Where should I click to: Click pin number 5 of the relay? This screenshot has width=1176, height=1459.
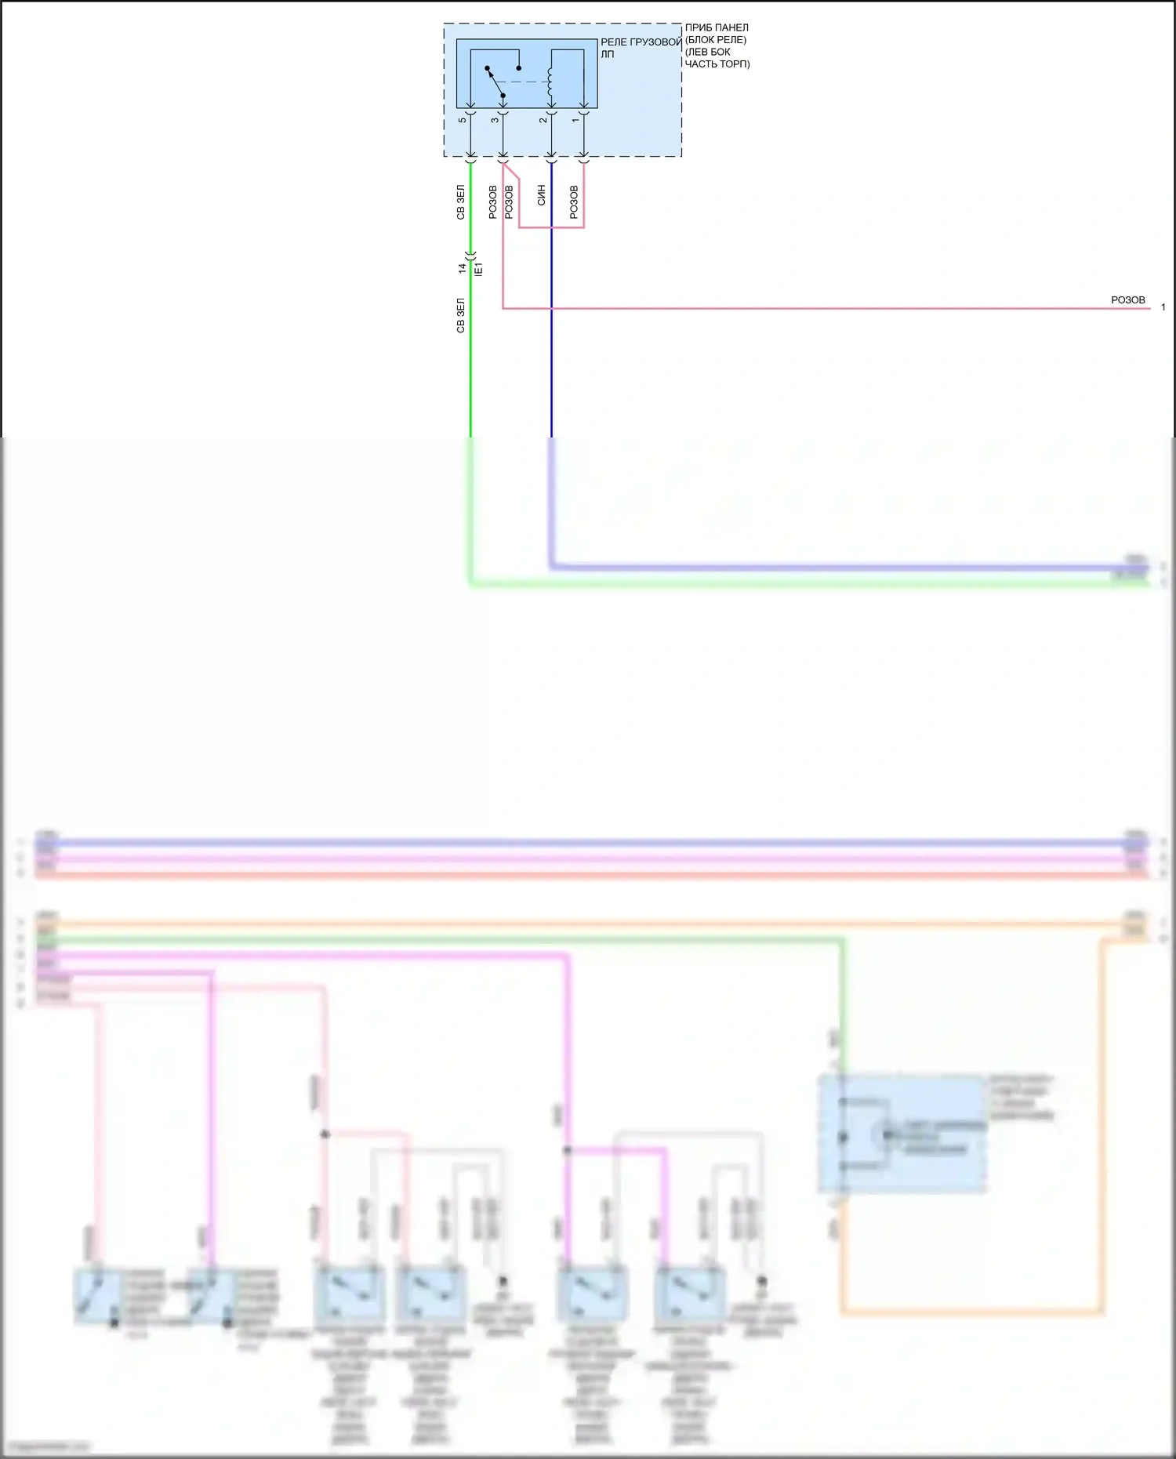pos(463,119)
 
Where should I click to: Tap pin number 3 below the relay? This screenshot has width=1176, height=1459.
pos(495,119)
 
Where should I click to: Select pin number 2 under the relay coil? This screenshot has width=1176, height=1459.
pos(543,119)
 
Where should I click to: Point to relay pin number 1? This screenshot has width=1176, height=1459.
pos(575,119)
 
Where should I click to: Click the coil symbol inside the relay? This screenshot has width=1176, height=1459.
pos(550,84)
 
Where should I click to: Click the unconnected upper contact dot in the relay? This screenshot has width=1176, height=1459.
pos(518,68)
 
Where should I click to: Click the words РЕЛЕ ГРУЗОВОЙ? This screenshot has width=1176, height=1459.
pos(641,42)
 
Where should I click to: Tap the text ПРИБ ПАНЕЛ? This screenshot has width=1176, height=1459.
pos(717,27)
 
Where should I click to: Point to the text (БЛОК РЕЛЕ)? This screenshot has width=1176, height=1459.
pos(716,39)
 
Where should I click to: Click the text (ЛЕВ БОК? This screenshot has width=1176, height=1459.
pos(708,52)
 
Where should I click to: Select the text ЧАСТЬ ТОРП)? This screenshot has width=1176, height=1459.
pos(717,64)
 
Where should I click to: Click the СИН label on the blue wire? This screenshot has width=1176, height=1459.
pos(542,196)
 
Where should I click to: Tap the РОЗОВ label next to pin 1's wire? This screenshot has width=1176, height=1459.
pos(574,201)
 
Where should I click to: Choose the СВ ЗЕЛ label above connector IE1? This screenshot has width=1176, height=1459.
pos(461,202)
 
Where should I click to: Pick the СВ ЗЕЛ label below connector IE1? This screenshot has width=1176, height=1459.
pos(461,315)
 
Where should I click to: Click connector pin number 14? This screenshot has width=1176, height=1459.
pos(463,268)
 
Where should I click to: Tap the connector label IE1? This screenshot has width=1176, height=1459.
pos(479,269)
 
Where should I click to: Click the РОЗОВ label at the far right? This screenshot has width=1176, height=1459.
pos(1127,300)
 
